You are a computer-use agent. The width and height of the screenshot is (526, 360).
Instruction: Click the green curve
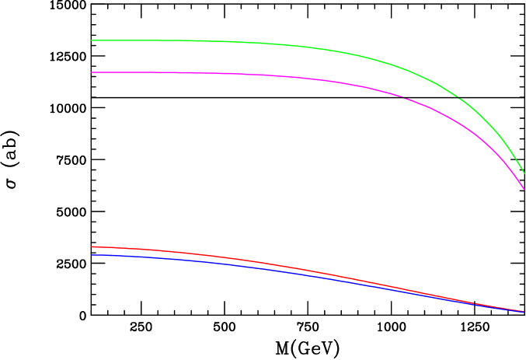pyautogui.click(x=233, y=41)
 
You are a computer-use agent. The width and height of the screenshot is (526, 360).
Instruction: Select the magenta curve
pyautogui.click(x=233, y=74)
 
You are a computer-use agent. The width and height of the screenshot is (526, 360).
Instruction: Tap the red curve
pyautogui.click(x=233, y=258)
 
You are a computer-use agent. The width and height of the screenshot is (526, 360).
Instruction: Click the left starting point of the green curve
pyautogui.click(x=92, y=40)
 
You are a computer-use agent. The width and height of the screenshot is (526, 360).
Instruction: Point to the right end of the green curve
pyautogui.click(x=524, y=173)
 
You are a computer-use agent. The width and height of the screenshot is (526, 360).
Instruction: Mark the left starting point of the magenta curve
pyautogui.click(x=92, y=72)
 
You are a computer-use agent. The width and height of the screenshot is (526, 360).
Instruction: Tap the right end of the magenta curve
pyautogui.click(x=524, y=189)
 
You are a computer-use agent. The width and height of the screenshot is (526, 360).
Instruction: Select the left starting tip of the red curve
pyautogui.click(x=92, y=246)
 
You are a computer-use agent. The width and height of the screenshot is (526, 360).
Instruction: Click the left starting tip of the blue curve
pyautogui.click(x=92, y=254)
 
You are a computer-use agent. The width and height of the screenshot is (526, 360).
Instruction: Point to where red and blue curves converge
pyautogui.click(x=521, y=311)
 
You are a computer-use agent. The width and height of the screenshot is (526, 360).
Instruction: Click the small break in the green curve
pyautogui.click(x=458, y=97)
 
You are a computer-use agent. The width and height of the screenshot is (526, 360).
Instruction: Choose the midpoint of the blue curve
pyautogui.click(x=308, y=275)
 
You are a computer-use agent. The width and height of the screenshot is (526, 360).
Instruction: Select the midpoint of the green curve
pyautogui.click(x=308, y=47)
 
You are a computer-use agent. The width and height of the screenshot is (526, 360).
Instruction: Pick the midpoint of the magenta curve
pyautogui.click(x=308, y=79)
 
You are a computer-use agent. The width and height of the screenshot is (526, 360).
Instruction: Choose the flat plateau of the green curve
pyautogui.click(x=155, y=40)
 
